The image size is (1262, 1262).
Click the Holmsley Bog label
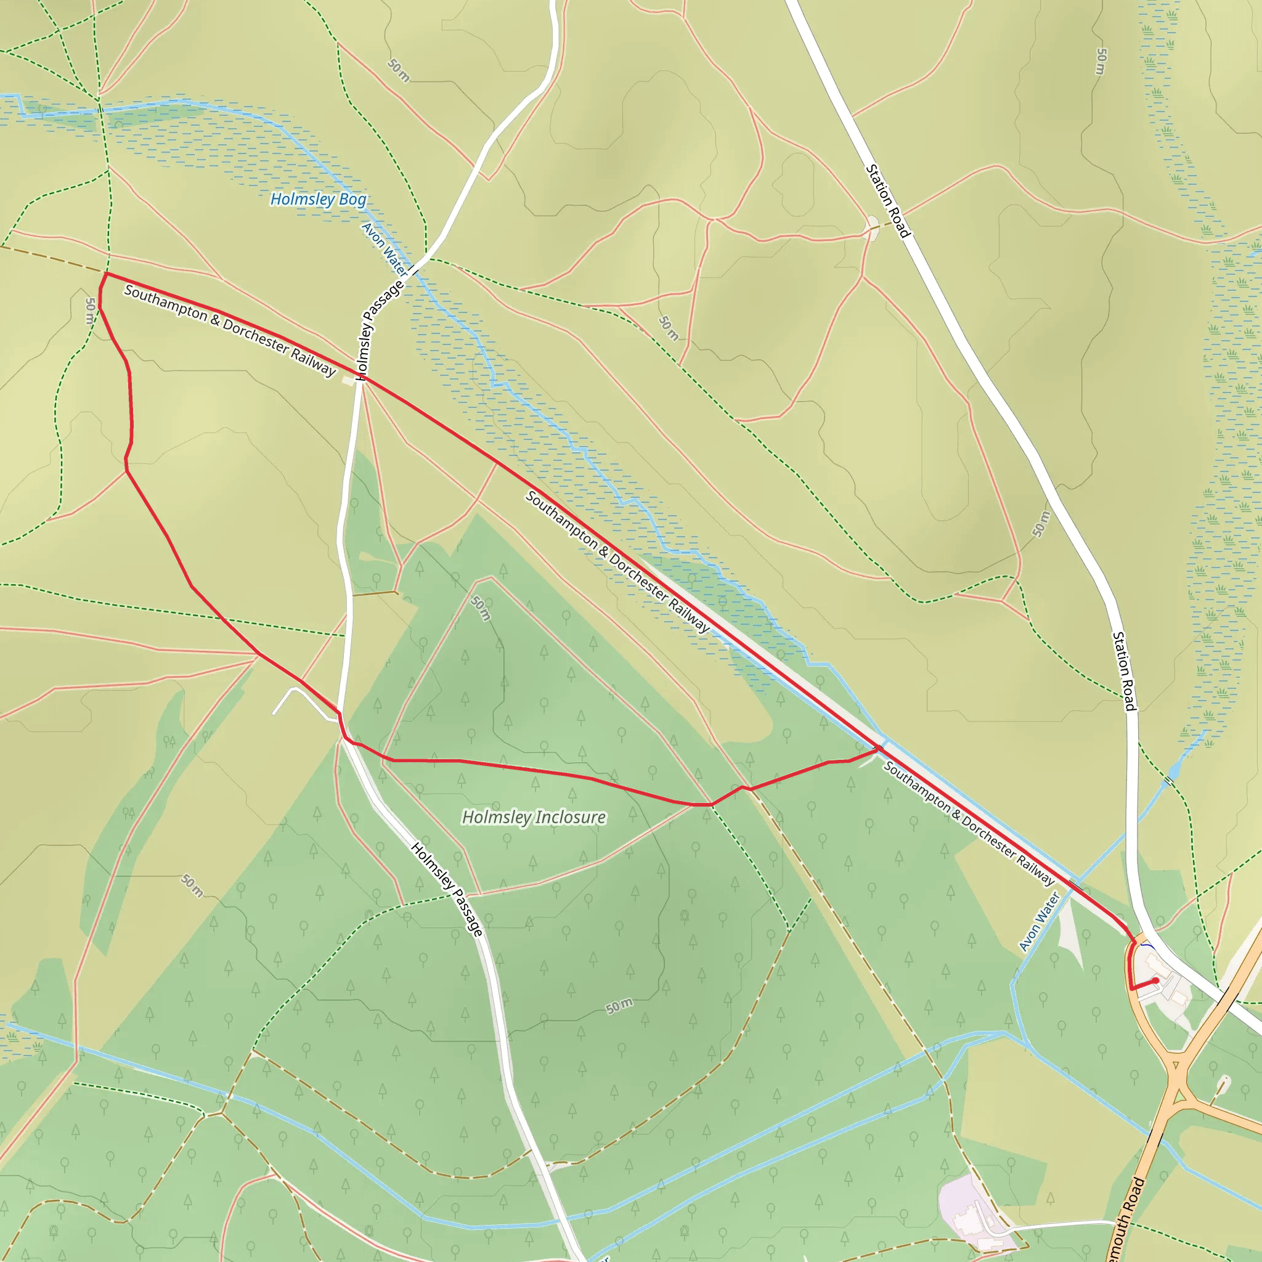coord(318,199)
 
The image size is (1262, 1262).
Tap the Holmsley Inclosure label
coord(534,817)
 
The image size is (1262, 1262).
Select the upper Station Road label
coord(888,200)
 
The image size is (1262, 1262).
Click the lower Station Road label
coord(1124,671)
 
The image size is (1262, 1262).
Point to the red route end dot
coord(1155,980)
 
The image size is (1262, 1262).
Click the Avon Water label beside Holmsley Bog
coord(384,249)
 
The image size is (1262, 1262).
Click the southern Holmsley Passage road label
coord(447,889)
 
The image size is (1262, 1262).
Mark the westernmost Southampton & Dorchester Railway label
coord(230,330)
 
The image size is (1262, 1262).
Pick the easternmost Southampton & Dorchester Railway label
coord(969,823)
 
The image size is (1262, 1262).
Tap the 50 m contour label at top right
coord(1101,62)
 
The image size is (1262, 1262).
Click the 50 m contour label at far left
coord(90,311)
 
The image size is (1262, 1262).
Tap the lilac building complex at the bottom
coord(967,1212)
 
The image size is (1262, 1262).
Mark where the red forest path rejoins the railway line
coord(879,749)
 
